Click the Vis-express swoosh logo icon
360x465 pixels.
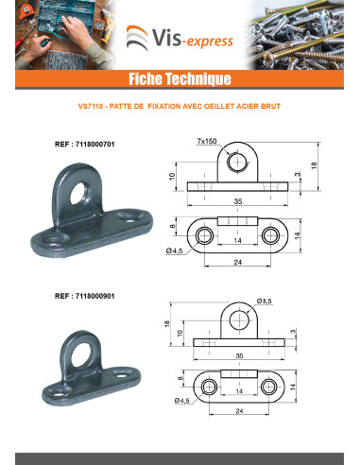coord(138,38)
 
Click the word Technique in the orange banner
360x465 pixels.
coord(198,78)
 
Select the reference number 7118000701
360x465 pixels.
coord(95,145)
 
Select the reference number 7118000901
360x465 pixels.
coord(95,296)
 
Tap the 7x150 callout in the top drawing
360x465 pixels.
coord(207,141)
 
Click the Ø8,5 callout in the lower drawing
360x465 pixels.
coord(264,301)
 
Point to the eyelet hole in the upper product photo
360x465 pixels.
coord(79,193)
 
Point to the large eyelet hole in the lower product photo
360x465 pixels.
coord(81,355)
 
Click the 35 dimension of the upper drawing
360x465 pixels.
coord(238,201)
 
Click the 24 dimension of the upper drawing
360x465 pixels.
coord(238,262)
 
